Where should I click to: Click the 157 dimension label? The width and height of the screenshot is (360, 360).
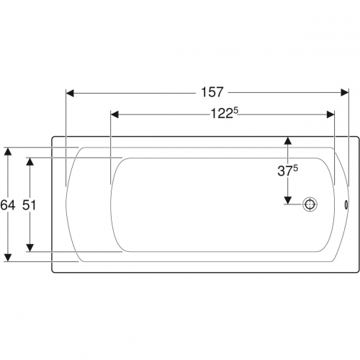(x=212, y=92)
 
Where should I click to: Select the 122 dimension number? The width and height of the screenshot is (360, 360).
(x=222, y=114)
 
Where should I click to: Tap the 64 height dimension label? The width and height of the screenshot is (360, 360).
(x=8, y=205)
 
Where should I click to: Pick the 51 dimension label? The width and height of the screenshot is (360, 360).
(x=29, y=205)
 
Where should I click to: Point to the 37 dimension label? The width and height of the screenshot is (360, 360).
(x=285, y=171)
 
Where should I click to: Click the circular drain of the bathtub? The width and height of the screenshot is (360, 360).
(x=310, y=204)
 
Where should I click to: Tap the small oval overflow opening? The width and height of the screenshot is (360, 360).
(x=346, y=204)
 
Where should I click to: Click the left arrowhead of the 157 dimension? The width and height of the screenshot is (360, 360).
(x=70, y=93)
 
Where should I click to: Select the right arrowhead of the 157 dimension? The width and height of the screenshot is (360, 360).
(x=345, y=93)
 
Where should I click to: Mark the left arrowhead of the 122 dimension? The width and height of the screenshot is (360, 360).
(x=114, y=114)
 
